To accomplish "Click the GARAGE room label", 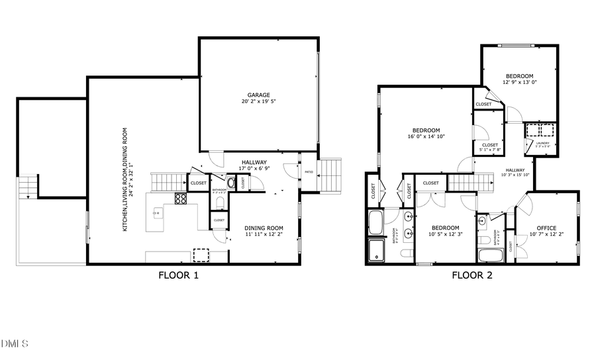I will (x=258, y=95).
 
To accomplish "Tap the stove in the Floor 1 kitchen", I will (x=181, y=198).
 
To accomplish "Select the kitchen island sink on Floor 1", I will (x=158, y=213).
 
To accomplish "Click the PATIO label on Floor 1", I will (x=309, y=173).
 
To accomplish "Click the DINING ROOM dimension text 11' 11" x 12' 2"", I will (x=264, y=234).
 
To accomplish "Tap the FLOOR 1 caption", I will (x=178, y=275).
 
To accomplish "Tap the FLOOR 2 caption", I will (x=472, y=275).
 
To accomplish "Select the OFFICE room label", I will (x=546, y=229).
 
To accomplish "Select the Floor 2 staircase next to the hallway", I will (x=470, y=182).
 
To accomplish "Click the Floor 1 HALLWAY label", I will (x=254, y=163).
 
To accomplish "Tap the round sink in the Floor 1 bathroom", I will (x=230, y=182).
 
